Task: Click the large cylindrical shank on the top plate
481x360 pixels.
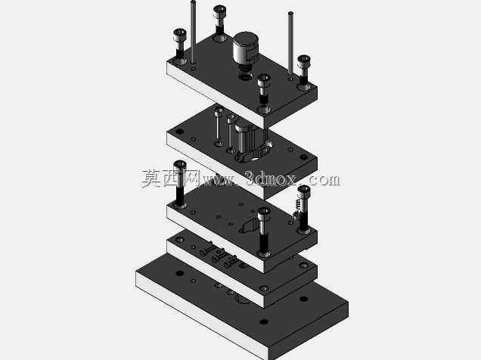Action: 246,49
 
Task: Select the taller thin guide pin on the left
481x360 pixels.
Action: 193,32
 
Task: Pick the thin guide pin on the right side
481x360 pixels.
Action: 290,42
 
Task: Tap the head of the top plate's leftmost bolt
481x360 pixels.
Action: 180,35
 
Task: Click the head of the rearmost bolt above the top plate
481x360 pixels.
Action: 219,11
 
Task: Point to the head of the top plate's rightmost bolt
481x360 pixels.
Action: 304,61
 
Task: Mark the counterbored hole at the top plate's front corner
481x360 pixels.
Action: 264,109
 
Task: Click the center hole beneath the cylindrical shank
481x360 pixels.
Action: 245,76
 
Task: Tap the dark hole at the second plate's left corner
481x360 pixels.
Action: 179,132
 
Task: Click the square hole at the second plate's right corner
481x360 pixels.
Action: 303,157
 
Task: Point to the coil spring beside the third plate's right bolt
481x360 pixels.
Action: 296,209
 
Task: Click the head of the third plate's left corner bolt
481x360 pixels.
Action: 180,166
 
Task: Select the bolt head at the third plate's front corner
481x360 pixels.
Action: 264,213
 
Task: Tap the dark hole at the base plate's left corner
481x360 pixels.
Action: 179,273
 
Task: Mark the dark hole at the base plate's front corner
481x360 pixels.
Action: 264,321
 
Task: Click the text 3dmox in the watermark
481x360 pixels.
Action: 271,178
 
